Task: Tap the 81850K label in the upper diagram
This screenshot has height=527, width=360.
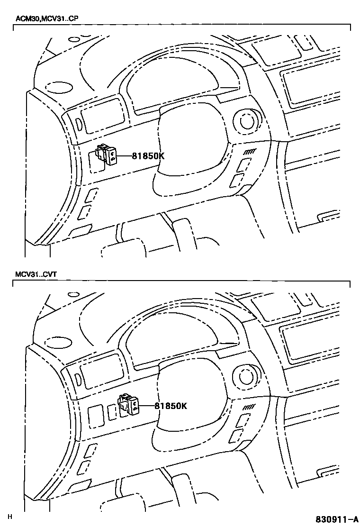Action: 148,155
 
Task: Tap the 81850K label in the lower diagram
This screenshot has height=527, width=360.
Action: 171,406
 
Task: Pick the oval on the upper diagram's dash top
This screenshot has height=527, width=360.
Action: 59,87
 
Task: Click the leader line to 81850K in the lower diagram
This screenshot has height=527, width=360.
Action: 147,406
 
